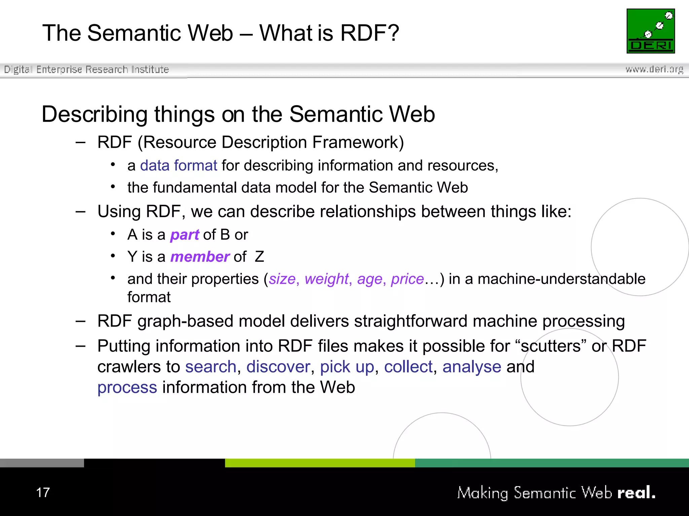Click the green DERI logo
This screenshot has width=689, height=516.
pyautogui.click(x=650, y=31)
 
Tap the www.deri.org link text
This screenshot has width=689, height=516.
pyautogui.click(x=654, y=69)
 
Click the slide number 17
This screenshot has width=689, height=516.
pyautogui.click(x=43, y=492)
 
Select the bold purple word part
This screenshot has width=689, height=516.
pyautogui.click(x=185, y=235)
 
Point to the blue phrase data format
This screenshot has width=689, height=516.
pyautogui.click(x=179, y=166)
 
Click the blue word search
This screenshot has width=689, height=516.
pyautogui.click(x=211, y=367)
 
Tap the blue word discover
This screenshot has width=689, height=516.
pyautogui.click(x=278, y=367)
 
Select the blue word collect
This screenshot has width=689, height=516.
pyautogui.click(x=408, y=367)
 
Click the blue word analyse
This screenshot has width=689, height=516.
pyautogui.click(x=472, y=367)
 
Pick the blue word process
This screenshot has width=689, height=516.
pyautogui.click(x=127, y=387)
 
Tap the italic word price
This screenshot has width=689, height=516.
pyautogui.click(x=407, y=279)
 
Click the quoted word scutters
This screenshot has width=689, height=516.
pyautogui.click(x=550, y=346)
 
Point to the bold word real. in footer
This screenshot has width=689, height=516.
pyautogui.click(x=636, y=492)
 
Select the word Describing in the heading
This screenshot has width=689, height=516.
pyautogui.click(x=94, y=115)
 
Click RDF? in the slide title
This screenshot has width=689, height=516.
pyautogui.click(x=369, y=33)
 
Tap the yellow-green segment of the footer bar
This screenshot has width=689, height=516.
pyautogui.click(x=320, y=463)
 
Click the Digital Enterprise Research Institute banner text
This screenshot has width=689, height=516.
pyautogui.click(x=86, y=70)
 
